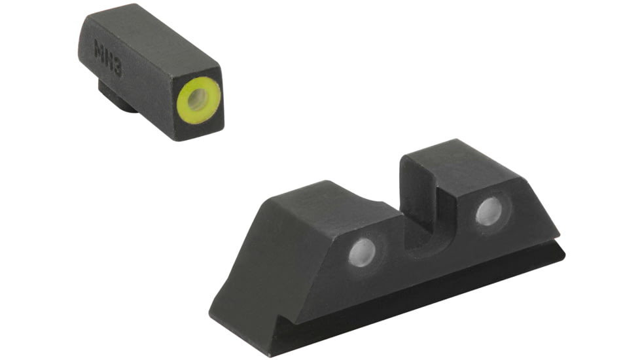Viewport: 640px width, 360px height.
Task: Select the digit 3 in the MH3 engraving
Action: [x=117, y=67]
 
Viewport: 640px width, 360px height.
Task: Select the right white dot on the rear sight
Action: [x=489, y=211]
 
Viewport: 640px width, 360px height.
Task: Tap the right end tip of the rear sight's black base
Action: [x=562, y=252]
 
